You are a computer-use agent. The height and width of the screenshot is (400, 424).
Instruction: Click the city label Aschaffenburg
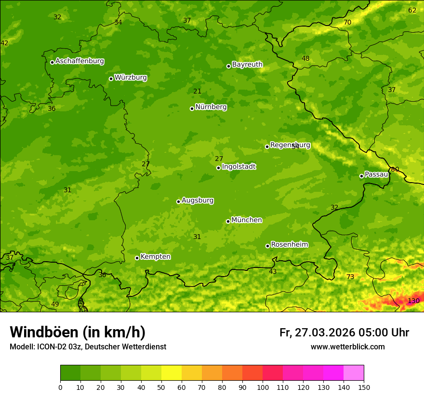click(79, 61)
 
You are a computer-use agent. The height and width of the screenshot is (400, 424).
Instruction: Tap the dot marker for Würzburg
click(111, 79)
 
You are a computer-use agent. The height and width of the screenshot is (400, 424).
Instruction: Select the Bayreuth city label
click(247, 65)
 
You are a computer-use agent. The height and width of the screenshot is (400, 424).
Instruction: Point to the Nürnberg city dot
click(192, 108)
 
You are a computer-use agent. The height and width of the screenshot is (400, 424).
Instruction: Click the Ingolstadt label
click(238, 167)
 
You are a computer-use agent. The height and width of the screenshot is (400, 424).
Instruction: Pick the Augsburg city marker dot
click(178, 201)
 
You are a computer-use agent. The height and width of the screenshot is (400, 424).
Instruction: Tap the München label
click(247, 220)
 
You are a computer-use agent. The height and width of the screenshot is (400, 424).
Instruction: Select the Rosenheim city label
click(289, 245)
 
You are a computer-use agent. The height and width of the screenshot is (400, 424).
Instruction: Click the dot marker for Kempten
click(137, 258)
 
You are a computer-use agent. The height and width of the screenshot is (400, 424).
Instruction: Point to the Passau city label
click(376, 174)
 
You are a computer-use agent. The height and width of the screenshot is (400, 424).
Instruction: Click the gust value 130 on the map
click(413, 301)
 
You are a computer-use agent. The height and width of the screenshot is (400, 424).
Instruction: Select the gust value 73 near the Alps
click(350, 277)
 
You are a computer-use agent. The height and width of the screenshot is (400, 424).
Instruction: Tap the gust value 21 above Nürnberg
click(198, 92)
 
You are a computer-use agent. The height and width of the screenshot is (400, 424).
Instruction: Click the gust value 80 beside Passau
click(395, 170)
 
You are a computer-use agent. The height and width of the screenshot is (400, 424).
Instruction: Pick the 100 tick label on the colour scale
click(263, 387)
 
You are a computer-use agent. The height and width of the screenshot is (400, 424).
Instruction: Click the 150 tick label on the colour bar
click(364, 387)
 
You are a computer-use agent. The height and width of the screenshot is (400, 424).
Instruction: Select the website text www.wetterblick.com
click(347, 347)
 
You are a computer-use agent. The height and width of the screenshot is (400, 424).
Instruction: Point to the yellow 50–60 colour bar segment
click(172, 373)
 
